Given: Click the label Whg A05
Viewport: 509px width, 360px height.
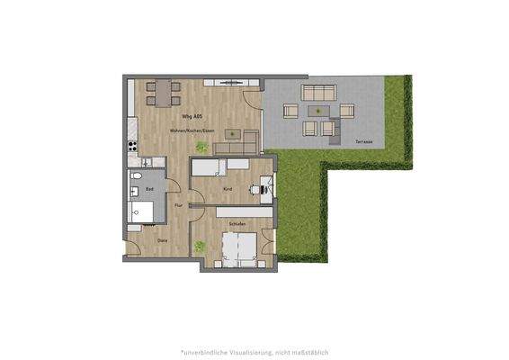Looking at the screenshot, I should pos(191,118).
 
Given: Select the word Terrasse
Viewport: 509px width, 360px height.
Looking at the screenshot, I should pos(363,142).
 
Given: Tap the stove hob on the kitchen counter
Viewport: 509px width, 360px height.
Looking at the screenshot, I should pos(132,145).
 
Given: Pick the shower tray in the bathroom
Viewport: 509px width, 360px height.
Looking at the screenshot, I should pos(145,211).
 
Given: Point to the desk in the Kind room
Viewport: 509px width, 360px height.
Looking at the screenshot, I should pos(266,187).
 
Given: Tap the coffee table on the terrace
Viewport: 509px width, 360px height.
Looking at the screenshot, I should pos(315,112).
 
